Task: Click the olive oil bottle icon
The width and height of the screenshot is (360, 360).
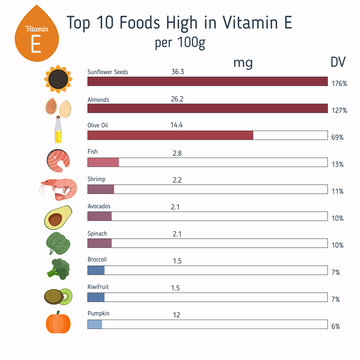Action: click(57, 133)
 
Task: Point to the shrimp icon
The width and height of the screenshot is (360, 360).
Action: click(56, 187)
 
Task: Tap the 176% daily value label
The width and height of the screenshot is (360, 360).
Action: click(337, 83)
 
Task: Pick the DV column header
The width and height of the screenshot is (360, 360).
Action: click(337, 62)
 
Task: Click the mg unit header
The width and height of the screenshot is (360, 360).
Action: click(242, 62)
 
